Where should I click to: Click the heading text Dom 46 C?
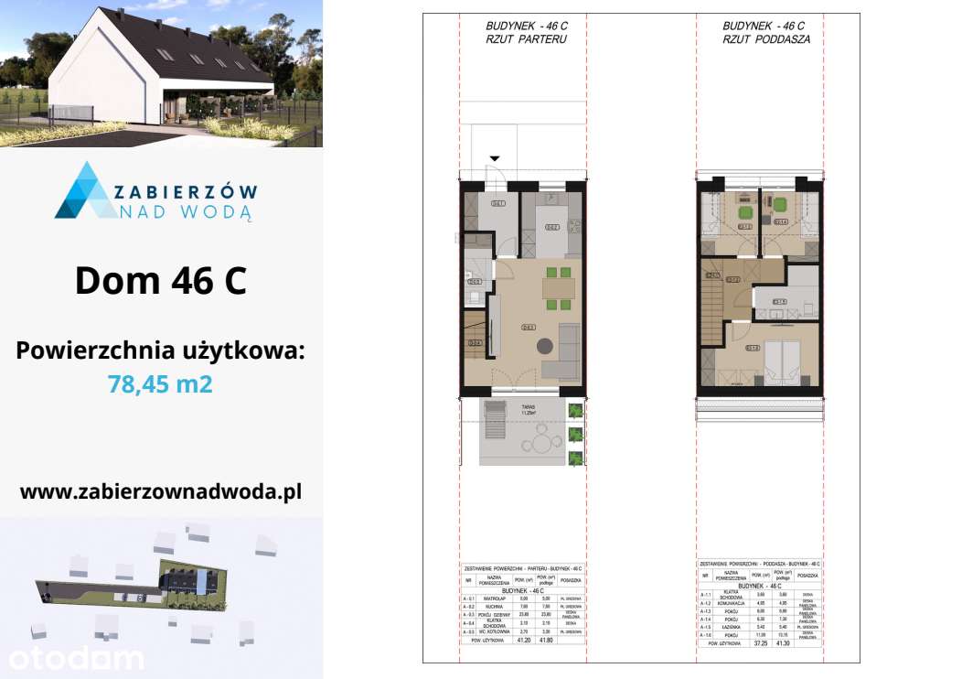(161, 280)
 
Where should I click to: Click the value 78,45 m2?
(161, 383)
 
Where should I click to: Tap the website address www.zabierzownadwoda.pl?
(161, 491)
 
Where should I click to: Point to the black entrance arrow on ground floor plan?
(496, 160)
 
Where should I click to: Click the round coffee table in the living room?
(544, 345)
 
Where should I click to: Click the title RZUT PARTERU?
(526, 40)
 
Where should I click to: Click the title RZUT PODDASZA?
(766, 40)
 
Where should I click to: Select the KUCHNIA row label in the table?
(495, 606)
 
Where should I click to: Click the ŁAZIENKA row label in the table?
(723, 627)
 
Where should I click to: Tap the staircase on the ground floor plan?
(475, 339)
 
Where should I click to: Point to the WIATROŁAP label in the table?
(495, 598)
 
